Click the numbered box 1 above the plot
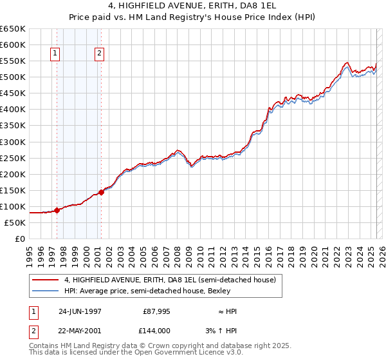coord(56,54)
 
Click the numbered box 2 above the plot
coord(100,54)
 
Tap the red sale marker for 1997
coord(57,210)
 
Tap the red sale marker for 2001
coord(101,192)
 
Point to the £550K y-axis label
coord(13,61)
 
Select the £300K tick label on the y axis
coord(13,142)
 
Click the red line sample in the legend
coord(46,280)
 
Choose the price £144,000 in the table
coord(156,330)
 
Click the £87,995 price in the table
coord(156,311)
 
